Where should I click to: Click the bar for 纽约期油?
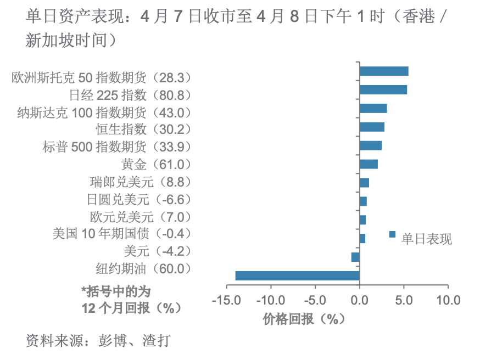pyautogui.click(x=297, y=275)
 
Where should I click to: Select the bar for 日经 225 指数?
pyautogui.click(x=383, y=90)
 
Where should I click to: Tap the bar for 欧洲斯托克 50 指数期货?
pyautogui.click(x=384, y=71)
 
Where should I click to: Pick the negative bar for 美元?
pyautogui.click(x=355, y=257)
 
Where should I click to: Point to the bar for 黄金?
pyautogui.click(x=369, y=164)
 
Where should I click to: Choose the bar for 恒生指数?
pyautogui.click(x=372, y=127)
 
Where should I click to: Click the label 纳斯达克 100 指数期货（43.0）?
pyautogui.click(x=104, y=113)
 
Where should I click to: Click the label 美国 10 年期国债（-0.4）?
pyautogui.click(x=122, y=234)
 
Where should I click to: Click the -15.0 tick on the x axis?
pyautogui.click(x=227, y=300)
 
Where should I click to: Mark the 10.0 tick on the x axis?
pyautogui.click(x=448, y=300)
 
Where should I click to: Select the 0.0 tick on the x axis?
pyautogui.click(x=360, y=300)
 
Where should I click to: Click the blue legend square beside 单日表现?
pyautogui.click(x=392, y=234)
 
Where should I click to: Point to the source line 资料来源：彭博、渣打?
pyautogui.click(x=98, y=340)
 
